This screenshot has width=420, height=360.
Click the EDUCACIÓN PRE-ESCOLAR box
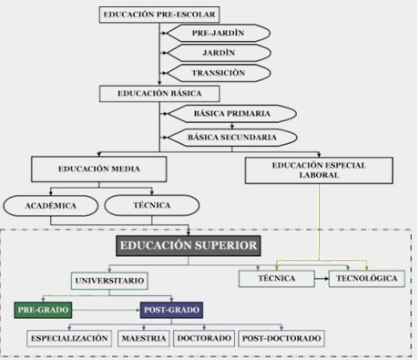pos(159,14)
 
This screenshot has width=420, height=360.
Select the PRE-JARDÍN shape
pos(214,33)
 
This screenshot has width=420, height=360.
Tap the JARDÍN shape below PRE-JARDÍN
pos(214,53)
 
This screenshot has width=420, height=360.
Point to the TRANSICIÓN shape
pos(214,72)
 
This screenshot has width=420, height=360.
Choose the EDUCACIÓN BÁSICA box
pos(159,93)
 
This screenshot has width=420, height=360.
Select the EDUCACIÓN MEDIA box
pos(99,170)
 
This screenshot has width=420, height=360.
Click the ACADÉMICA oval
pos(50,205)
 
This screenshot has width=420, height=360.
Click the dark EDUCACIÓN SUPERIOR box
pos(188,245)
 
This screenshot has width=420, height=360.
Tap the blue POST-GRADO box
pos(170,311)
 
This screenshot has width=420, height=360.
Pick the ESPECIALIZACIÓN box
pos(70,338)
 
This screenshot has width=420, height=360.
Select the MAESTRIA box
pos(143,338)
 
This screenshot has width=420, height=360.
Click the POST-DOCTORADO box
pos(283,338)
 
